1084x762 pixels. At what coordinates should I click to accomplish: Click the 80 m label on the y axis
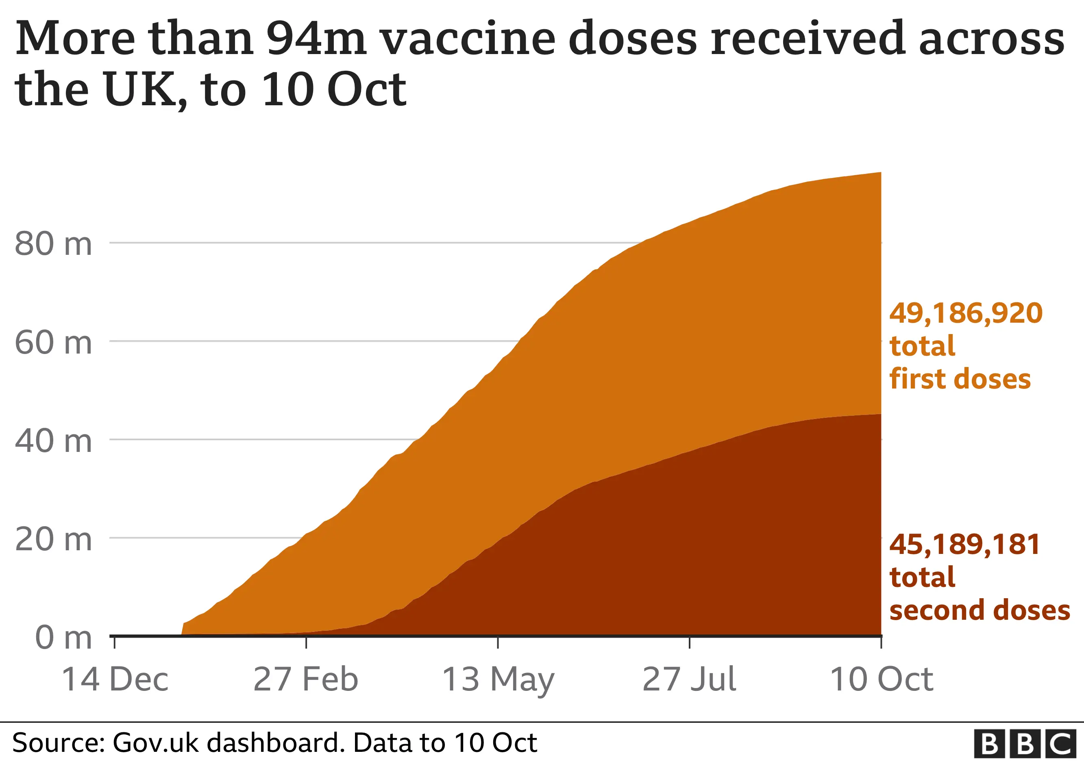[53, 244]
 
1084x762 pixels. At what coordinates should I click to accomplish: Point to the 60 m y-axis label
[53, 343]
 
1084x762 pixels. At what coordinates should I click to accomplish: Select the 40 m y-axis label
[53, 442]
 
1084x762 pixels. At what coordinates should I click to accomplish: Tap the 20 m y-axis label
[53, 540]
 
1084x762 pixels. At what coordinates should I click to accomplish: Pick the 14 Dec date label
[115, 680]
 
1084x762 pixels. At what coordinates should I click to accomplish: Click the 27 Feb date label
[305, 680]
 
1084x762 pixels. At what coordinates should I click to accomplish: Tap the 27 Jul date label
[689, 680]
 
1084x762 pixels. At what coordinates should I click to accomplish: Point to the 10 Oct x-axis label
[881, 680]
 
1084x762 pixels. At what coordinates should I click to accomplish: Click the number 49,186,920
[966, 313]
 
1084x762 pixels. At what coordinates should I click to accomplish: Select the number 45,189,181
[964, 545]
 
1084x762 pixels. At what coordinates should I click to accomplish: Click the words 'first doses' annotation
[960, 379]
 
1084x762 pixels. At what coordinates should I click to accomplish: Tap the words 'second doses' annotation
[980, 610]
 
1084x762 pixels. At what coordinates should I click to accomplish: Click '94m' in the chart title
[316, 39]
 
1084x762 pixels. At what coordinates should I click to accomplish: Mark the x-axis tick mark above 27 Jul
[689, 643]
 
